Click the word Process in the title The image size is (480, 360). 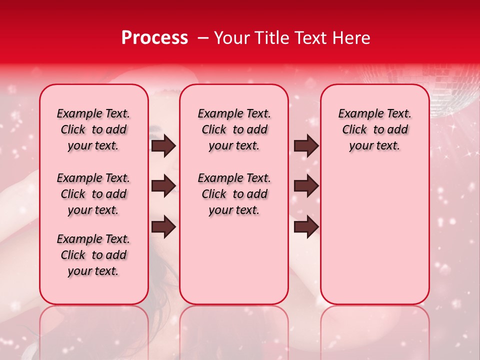point(154,38)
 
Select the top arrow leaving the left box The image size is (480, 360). point(163,146)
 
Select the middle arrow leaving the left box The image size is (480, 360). point(163,186)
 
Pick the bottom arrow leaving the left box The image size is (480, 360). point(163,226)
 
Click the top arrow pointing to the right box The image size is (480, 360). point(306,146)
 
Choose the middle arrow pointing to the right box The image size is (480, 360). point(306,186)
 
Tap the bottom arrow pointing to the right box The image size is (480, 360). point(306,226)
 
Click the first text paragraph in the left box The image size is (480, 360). point(93,129)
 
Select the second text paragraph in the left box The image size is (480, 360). point(93,194)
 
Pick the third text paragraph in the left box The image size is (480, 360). point(93,255)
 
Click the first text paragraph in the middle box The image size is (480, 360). point(234,129)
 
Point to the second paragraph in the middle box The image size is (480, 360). point(234,194)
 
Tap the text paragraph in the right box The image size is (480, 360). point(374,129)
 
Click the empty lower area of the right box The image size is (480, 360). point(374,240)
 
